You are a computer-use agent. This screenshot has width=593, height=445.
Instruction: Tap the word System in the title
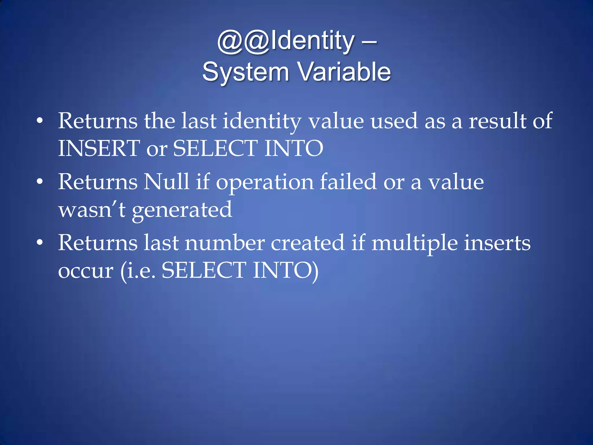pos(246,72)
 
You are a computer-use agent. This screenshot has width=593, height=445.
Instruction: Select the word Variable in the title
pos(345,72)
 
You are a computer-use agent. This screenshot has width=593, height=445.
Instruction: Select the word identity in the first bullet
pos(262,121)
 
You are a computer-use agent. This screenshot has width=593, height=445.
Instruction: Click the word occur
pos(86,271)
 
